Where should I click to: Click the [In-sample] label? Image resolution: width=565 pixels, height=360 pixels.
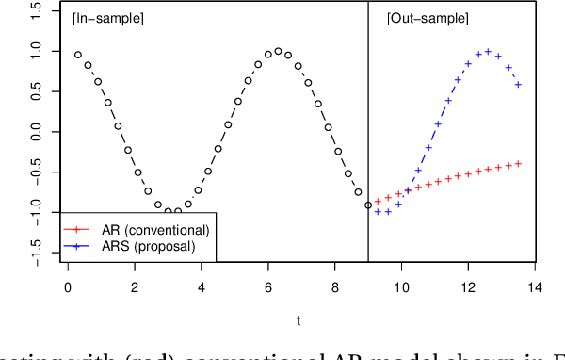pos(108,19)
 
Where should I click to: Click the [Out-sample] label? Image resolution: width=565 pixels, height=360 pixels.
pos(428,19)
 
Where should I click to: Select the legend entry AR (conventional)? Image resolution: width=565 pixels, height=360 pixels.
pos(153,229)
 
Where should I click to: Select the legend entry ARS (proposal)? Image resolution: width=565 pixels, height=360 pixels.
pos(149,246)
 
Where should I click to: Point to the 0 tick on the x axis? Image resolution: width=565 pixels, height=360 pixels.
pos(68,287)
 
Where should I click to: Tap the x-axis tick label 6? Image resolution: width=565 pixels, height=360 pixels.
pos(268,287)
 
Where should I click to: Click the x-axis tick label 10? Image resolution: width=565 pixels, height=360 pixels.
pos(401,287)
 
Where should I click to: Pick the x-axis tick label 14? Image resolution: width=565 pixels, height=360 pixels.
pos(535,287)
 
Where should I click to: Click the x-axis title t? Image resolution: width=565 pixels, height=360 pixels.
pos(299,320)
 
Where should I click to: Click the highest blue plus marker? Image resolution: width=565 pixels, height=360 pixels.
pos(489,52)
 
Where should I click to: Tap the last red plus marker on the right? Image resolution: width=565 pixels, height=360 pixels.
pos(519,164)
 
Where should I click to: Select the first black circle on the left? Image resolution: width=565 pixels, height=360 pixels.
pos(78,55)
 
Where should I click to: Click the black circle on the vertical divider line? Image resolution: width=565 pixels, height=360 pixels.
pos(368,205)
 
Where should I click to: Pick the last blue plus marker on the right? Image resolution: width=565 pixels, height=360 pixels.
pos(519,85)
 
